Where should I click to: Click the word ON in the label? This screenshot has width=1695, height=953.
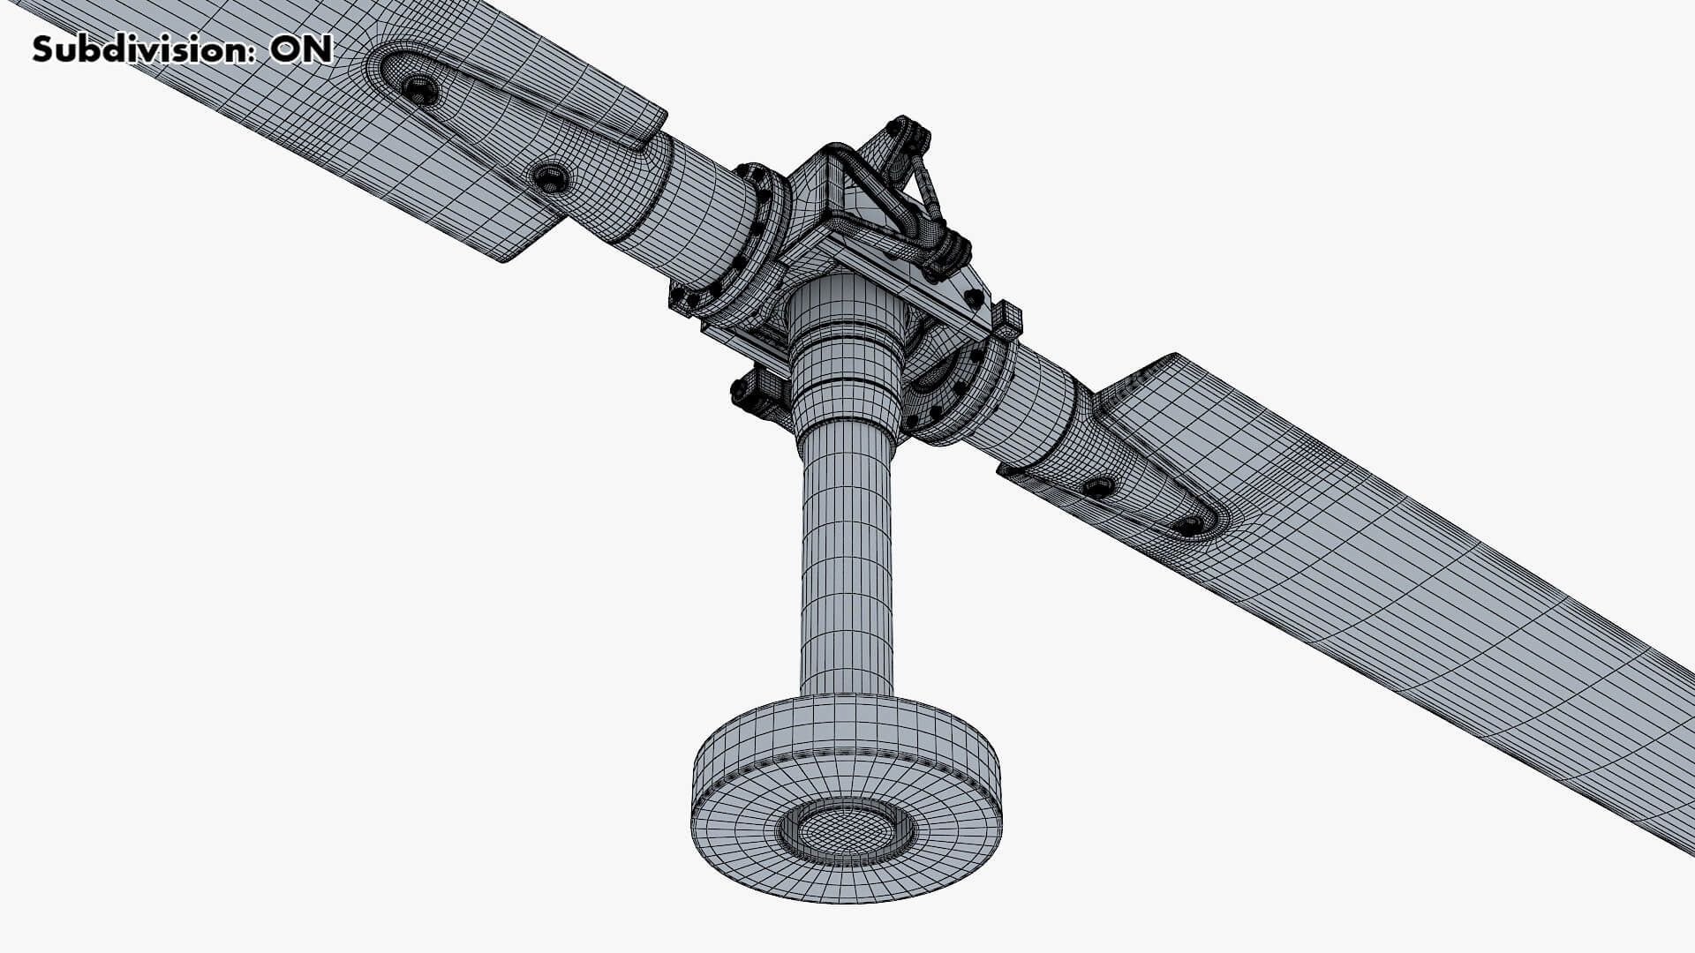point(301,49)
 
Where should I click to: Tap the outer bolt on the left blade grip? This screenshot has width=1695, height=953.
point(418,89)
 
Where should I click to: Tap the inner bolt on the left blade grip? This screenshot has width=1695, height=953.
point(551,178)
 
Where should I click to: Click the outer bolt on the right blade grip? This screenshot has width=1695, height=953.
point(1189,524)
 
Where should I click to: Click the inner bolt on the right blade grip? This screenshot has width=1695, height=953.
point(1100,486)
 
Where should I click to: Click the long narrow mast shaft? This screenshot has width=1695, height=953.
point(846,565)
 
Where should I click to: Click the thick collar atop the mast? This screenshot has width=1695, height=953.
point(846,353)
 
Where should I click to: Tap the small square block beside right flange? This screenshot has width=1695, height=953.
point(1007,319)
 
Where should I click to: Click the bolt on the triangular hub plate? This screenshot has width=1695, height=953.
point(972,297)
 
